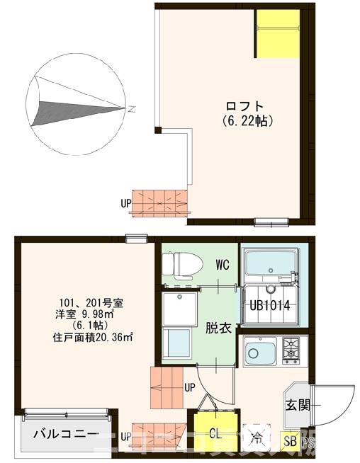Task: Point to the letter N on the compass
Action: point(133,108)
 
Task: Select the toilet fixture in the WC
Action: point(176,264)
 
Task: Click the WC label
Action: point(223,265)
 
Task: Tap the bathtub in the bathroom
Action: point(269,264)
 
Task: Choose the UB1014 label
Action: point(270,306)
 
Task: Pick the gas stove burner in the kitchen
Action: point(291,349)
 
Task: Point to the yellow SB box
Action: point(290,441)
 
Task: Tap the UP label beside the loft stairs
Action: point(126,203)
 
